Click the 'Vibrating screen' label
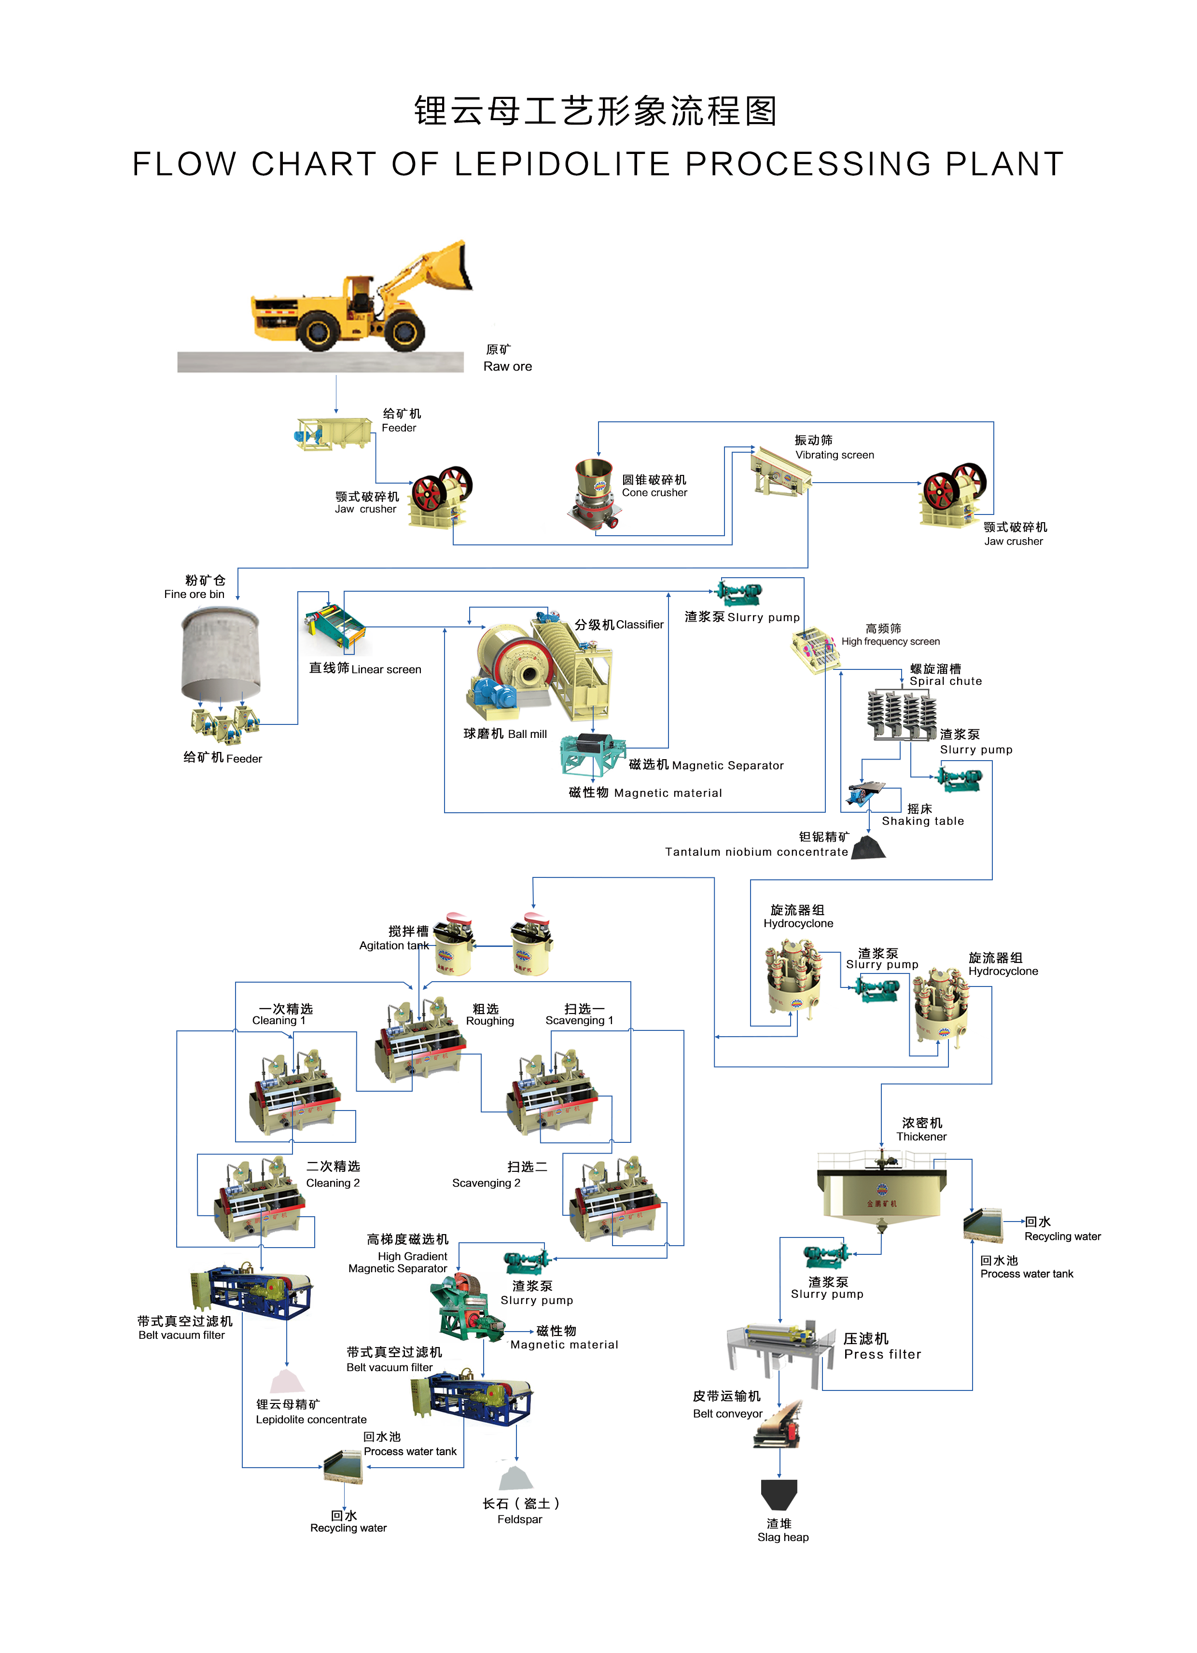835,455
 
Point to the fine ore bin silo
220,653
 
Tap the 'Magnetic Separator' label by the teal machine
727,765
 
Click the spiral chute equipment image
901,715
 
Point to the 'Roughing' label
490,1021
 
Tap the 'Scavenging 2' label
486,1183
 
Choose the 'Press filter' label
882,1354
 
